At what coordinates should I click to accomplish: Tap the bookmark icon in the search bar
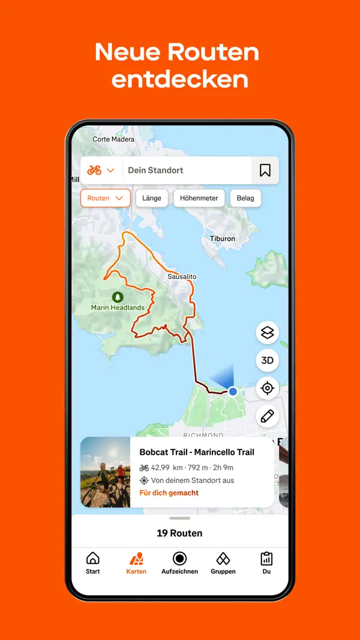(265, 170)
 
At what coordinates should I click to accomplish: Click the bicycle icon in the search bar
(94, 170)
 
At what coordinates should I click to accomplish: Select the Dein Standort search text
(156, 170)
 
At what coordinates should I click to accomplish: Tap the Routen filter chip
(105, 198)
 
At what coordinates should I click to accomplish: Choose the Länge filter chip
(152, 198)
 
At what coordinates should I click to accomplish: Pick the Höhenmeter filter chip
(199, 198)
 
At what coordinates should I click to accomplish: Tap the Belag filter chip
(245, 198)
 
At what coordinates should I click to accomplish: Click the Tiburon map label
(223, 239)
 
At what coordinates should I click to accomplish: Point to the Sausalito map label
(182, 277)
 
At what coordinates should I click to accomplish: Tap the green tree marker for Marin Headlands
(118, 297)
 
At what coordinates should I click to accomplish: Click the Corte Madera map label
(113, 139)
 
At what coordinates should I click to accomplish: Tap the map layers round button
(268, 332)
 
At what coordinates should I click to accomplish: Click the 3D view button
(268, 360)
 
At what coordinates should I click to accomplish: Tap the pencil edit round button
(268, 416)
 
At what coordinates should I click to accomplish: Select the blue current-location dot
(233, 392)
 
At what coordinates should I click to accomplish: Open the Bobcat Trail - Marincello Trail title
(197, 452)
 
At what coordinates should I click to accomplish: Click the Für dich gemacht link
(169, 493)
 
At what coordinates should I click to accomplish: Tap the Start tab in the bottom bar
(93, 563)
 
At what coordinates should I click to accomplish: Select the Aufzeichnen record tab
(179, 563)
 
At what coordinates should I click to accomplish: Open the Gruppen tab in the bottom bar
(223, 563)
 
